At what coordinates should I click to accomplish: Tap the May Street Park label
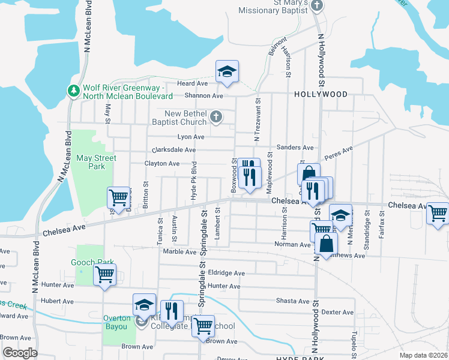96,163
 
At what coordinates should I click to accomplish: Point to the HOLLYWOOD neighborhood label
321,95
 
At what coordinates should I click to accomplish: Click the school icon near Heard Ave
227,72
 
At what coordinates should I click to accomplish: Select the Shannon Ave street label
205,96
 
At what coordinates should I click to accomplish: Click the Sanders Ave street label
295,148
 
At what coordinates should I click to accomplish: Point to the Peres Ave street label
338,154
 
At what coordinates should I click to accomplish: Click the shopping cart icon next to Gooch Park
105,275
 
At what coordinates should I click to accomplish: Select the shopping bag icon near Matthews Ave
326,244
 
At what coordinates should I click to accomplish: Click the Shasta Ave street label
294,301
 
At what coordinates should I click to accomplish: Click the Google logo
20,353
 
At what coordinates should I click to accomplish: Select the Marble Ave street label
176,252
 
